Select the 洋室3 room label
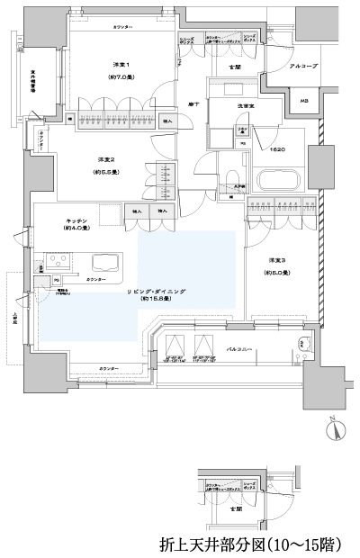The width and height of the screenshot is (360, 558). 277,261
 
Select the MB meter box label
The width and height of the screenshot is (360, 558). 304,101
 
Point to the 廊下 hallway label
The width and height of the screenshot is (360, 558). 193,104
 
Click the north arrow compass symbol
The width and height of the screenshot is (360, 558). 334,428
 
